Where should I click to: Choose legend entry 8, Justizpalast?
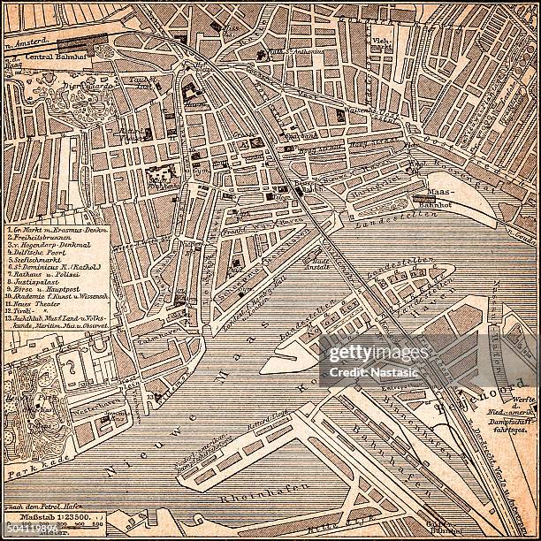(x=41, y=286)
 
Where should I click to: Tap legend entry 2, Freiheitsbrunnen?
(x=43, y=238)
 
